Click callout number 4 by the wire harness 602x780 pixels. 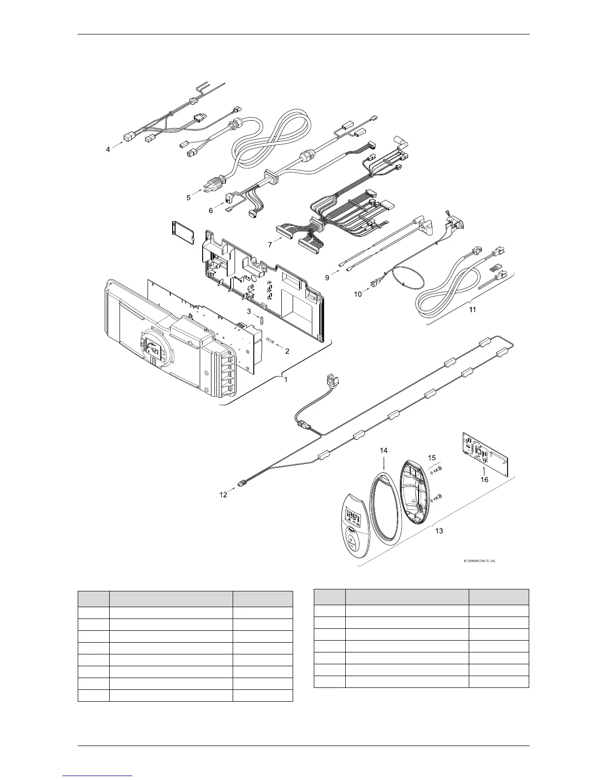pos(108,149)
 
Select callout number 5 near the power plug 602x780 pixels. pos(188,197)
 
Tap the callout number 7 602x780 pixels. pos(270,245)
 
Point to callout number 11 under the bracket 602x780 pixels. pos(473,310)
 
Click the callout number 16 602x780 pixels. pos(484,479)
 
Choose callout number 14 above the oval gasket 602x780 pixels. pos(384,450)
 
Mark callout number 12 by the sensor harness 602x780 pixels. pos(223,495)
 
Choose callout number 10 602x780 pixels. pos(358,294)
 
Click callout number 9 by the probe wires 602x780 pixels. pos(327,278)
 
